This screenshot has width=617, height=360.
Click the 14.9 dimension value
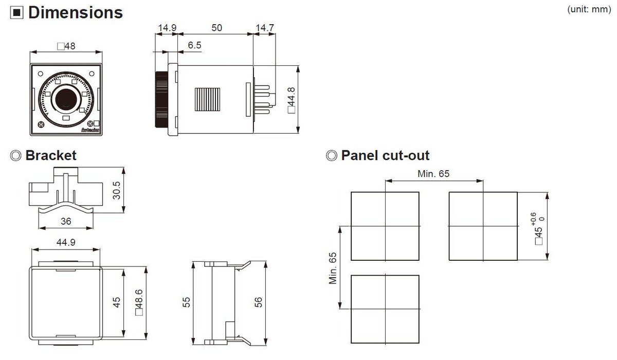(167, 28)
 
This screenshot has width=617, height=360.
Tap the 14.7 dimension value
(265, 28)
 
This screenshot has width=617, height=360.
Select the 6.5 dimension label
(194, 45)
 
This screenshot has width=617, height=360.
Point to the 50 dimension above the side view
(217, 28)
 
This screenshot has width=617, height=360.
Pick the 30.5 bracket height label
(117, 190)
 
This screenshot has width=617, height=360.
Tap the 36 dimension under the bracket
(66, 221)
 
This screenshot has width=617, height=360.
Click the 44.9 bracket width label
(66, 242)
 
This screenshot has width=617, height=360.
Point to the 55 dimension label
(186, 302)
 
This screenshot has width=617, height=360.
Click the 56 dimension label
(258, 302)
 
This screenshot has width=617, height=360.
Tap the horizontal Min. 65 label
(433, 174)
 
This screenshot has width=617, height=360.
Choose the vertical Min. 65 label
(333, 268)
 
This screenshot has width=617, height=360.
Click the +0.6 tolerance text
(534, 219)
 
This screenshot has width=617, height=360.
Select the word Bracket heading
(51, 155)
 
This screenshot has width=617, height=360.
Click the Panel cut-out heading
(385, 155)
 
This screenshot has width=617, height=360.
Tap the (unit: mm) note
(589, 9)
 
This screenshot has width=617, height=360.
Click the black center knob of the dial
(66, 99)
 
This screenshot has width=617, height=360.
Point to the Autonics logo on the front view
(90, 130)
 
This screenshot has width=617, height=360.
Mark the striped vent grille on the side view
(207, 99)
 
